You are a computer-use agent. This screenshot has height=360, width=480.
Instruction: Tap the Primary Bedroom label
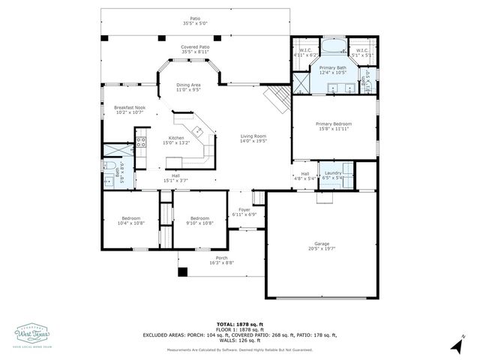coord(333,124)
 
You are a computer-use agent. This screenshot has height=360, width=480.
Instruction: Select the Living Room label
coord(253,136)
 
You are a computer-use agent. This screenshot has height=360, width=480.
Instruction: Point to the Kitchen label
coord(177,138)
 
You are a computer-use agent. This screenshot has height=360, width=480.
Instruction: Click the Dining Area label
coord(188,85)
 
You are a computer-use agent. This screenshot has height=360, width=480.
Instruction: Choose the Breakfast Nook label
coord(129,107)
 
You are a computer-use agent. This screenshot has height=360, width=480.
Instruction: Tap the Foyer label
coord(244,210)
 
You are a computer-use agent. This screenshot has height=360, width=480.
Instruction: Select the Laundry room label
coord(333,173)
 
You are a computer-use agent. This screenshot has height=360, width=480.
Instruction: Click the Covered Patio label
coord(194,46)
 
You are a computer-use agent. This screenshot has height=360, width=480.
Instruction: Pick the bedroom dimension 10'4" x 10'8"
coord(126,223)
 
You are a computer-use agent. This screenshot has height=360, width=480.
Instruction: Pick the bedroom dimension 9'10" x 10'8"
coord(199,223)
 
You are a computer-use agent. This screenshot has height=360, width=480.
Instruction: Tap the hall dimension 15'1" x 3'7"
coord(175,180)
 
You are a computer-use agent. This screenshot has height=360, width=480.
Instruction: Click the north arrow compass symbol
coord(456,345)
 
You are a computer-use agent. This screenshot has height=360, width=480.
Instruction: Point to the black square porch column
coord(181,271)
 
